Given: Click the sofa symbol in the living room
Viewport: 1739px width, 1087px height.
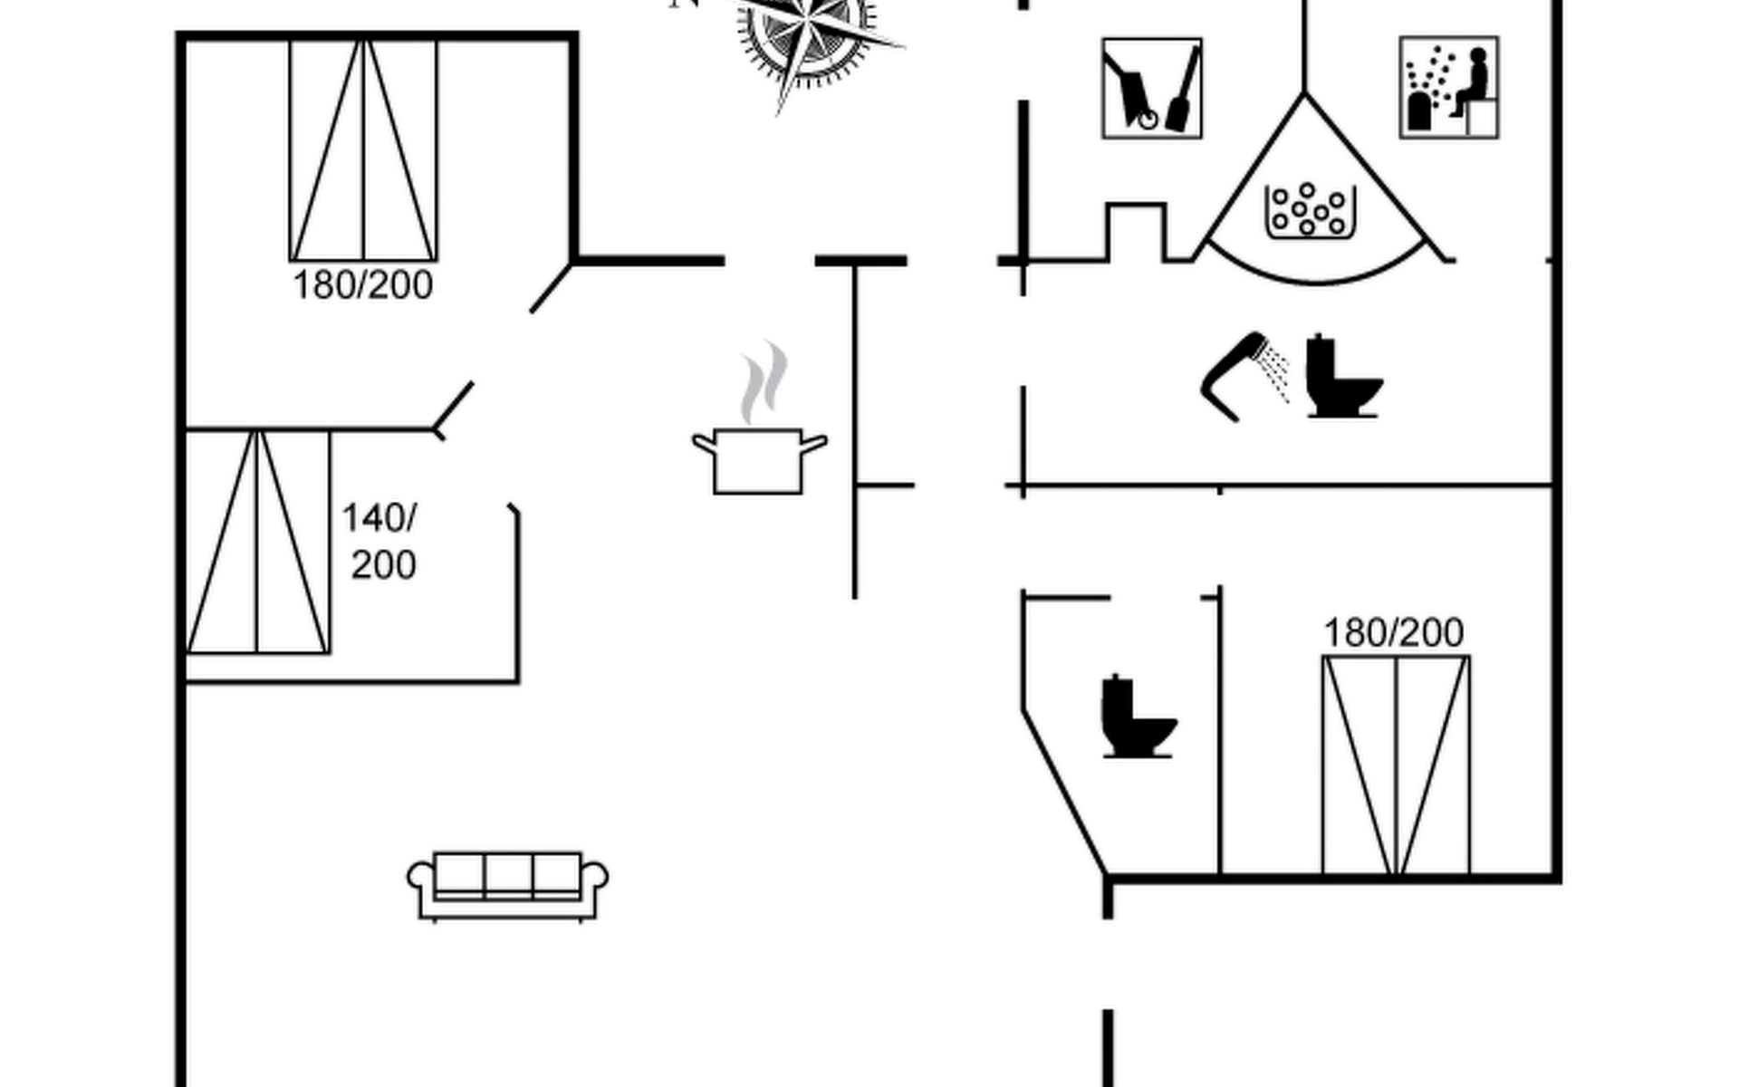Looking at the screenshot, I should coord(507,886).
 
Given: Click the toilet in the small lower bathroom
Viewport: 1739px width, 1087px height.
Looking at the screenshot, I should coord(1137,717).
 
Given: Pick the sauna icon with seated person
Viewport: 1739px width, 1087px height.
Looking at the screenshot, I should coord(1448,88).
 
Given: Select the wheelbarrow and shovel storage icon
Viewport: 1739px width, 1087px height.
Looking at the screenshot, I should coord(1151,88).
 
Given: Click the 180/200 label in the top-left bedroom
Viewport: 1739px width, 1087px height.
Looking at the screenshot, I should coord(362,285).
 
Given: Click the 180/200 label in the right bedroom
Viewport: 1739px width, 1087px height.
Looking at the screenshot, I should coord(1393,633).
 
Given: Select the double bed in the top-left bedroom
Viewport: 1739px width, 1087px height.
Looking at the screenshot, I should coord(363,150).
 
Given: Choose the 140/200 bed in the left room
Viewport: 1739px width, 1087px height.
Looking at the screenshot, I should coord(257,542).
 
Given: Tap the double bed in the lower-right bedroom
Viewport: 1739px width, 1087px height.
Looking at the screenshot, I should coord(1395,765).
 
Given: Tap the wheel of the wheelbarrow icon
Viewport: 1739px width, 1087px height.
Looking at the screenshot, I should coord(1148,119).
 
